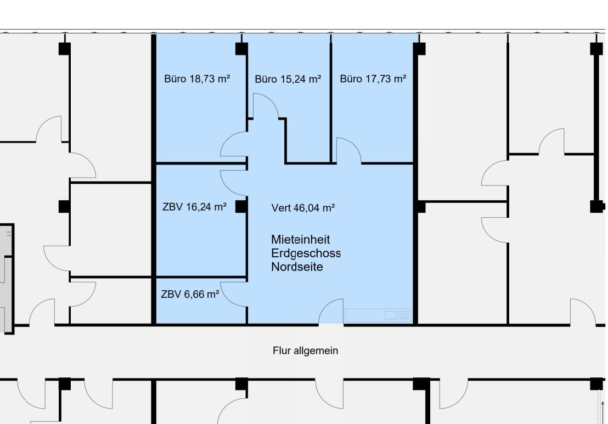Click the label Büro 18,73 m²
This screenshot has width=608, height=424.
click(197, 79)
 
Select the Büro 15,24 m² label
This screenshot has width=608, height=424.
click(288, 80)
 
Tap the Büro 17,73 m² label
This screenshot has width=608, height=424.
click(373, 79)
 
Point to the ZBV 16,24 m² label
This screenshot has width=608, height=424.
click(194, 207)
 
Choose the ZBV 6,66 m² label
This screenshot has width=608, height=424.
click(190, 295)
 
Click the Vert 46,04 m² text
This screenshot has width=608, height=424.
click(303, 208)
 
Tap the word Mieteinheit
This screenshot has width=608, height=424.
click(301, 240)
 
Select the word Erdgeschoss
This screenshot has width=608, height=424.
click(306, 253)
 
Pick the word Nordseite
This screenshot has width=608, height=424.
click(297, 267)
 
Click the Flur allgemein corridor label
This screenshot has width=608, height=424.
click(305, 350)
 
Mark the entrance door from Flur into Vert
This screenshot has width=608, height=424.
click(331, 311)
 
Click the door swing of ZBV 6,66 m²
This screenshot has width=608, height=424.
click(234, 295)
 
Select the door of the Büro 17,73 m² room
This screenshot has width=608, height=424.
click(349, 150)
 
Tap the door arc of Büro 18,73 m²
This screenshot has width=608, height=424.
click(234, 144)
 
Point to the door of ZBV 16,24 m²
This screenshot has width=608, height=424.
click(234, 183)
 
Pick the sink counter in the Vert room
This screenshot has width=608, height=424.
click(378, 315)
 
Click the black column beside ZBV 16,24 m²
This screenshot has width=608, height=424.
click(241, 207)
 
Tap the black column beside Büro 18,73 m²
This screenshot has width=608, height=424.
click(241, 49)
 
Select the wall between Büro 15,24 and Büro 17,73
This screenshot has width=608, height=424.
click(331, 98)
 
